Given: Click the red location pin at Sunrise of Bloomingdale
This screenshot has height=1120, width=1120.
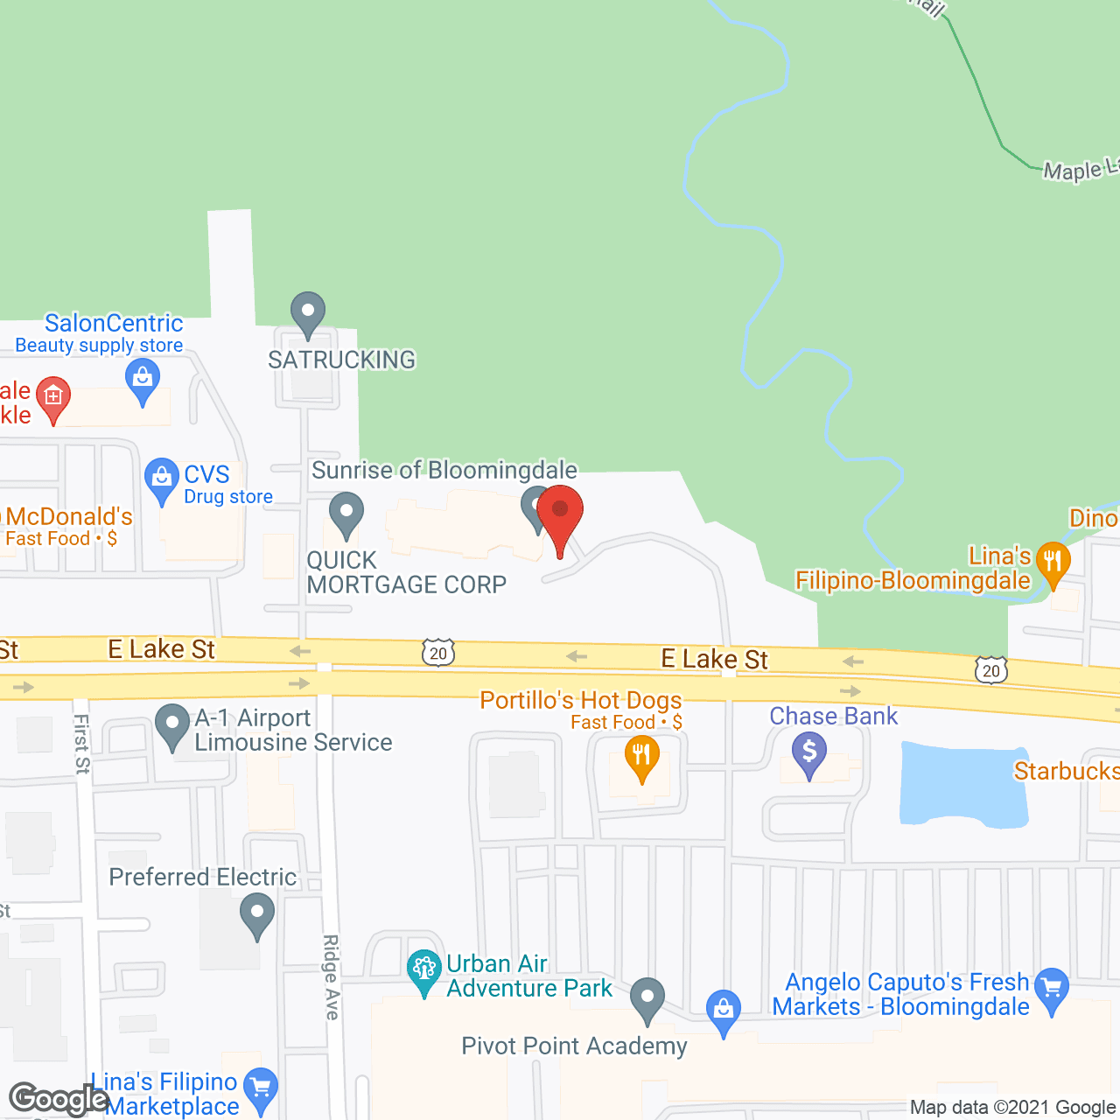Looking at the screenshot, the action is tap(560, 511).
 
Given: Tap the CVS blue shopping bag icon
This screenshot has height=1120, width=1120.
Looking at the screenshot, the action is tap(161, 478).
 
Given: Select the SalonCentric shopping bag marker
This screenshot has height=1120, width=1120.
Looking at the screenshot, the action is tap(142, 380).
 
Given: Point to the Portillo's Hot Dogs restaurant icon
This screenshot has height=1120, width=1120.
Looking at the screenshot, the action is tap(642, 755).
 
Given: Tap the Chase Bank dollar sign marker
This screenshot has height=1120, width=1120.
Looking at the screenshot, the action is tap(809, 752).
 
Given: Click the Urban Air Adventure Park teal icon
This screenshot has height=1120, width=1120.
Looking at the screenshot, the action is tap(424, 969).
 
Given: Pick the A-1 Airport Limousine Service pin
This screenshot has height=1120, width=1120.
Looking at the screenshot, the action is tap(172, 724).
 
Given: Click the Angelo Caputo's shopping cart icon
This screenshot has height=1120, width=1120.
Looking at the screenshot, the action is tap(1052, 988).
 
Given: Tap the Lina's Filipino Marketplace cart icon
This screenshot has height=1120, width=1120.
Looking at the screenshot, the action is tap(260, 1088).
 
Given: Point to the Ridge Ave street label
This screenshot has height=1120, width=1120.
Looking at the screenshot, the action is tap(331, 976).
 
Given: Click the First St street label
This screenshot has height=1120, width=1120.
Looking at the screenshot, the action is tap(82, 744).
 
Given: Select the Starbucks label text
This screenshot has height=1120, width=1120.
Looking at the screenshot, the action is tap(1066, 771).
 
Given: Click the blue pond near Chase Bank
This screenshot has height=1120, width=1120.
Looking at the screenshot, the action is tap(963, 784).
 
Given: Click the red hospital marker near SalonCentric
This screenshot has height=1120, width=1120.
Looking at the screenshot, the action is tap(53, 398).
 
